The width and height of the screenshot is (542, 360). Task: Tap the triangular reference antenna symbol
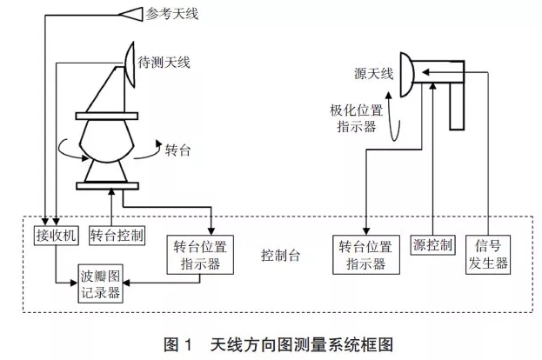click(132, 13)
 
